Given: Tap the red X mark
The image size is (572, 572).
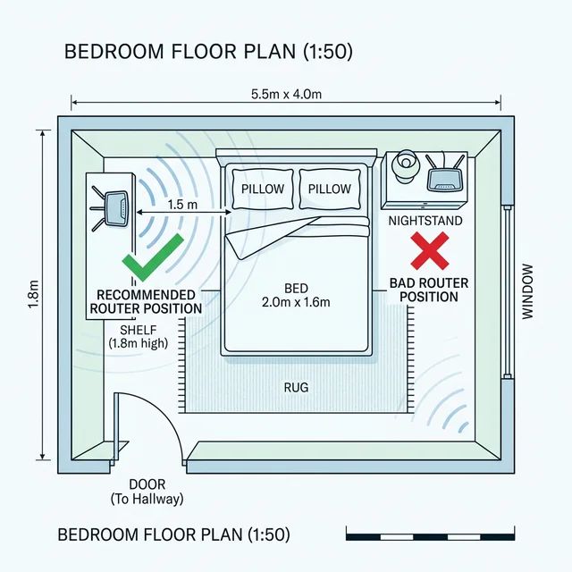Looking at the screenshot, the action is pos(430,251).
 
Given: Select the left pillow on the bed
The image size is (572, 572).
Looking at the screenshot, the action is pos(263,189).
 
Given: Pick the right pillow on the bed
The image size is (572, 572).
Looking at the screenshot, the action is pos(330,189).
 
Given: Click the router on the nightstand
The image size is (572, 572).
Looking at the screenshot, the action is pos(445,174).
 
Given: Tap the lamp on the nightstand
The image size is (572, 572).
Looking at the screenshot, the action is pos(404,166).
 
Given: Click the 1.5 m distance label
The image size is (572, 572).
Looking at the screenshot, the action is pos(182,205).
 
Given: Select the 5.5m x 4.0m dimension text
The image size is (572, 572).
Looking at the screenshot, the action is pos(286,94).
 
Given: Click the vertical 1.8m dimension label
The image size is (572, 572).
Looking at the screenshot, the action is pos(33,294).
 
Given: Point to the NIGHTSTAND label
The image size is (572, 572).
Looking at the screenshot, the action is pos(425,221).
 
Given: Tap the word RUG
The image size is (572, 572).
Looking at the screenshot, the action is pos(296,387).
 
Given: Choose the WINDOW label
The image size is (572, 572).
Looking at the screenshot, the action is pos(527,292).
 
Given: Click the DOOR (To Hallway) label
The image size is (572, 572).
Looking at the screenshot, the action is pos(147,492).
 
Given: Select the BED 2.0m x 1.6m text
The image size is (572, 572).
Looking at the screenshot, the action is pos(296,295).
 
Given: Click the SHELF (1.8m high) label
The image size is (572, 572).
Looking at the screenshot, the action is pos(139,336).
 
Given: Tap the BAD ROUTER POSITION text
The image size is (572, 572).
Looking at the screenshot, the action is pos(429,290).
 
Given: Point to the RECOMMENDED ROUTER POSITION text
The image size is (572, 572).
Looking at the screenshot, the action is pos(146,302).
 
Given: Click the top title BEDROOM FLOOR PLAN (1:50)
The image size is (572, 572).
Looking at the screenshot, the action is pos(208,52).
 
